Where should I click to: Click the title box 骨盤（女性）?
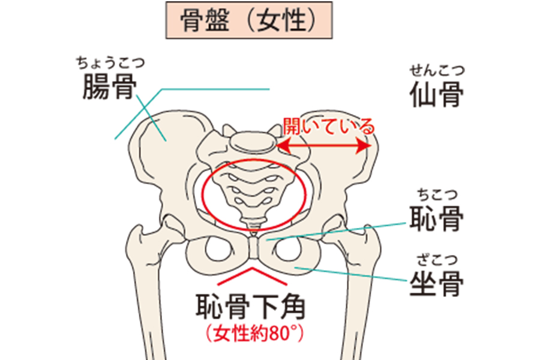tap(249, 20)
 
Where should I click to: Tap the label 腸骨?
tap(110, 87)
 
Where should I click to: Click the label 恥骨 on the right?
tap(437, 218)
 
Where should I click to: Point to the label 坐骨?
tap(437, 284)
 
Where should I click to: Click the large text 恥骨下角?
tap(251, 306)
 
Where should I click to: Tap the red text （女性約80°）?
tap(254, 333)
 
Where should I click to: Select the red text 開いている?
tap(329, 127)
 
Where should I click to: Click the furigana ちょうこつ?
tap(110, 62)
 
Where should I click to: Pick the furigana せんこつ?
tap(437, 71)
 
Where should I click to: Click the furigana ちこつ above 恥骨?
tap(437, 194)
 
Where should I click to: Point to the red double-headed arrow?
tap(324, 146)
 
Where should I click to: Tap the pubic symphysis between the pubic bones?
tap(253, 248)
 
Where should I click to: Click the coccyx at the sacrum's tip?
tap(253, 223)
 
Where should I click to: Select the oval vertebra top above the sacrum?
tap(253, 141)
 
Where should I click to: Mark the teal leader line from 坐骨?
tap(350, 274)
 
